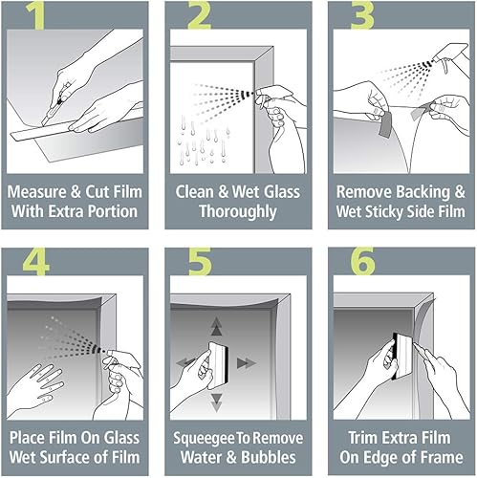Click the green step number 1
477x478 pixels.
click(x=35, y=15)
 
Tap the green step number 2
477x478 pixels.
click(x=199, y=15)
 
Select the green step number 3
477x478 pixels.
click(x=362, y=15)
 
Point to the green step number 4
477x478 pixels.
click(x=36, y=261)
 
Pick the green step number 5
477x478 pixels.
click(x=200, y=261)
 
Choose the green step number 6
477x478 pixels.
click(x=363, y=261)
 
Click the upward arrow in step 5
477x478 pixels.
click(x=217, y=326)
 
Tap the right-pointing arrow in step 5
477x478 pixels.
click(x=247, y=363)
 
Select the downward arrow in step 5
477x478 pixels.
click(x=217, y=402)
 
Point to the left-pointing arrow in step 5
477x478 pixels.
click(x=185, y=362)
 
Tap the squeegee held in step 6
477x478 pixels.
click(x=402, y=357)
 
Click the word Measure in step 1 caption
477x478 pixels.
click(x=37, y=192)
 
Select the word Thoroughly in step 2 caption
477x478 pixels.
click(x=238, y=212)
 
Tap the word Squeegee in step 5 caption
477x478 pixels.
click(x=204, y=439)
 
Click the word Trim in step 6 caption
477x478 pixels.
click(x=364, y=438)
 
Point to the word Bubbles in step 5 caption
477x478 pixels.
click(x=269, y=457)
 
